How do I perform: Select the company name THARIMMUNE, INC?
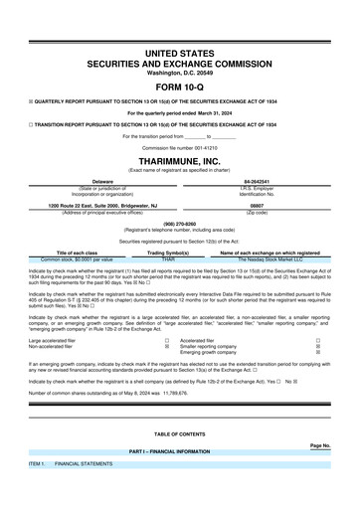click(x=180, y=161)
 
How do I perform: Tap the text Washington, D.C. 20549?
click(x=180, y=73)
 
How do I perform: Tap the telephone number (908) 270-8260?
click(x=180, y=225)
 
